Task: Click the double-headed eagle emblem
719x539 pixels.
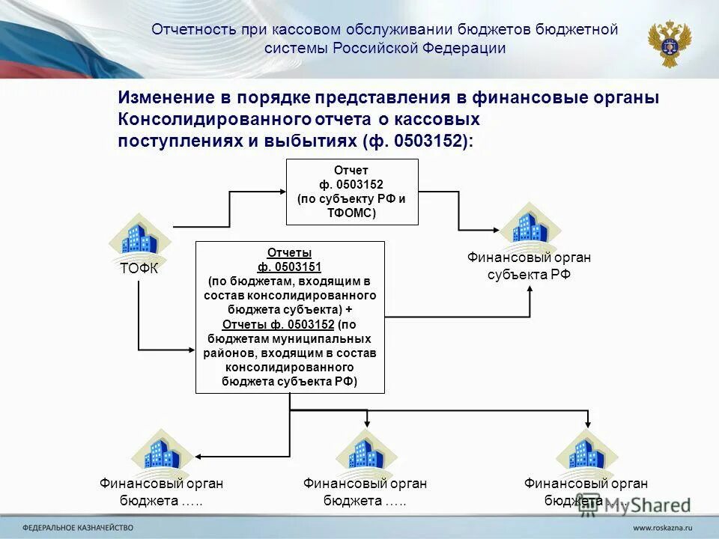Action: pos(670,43)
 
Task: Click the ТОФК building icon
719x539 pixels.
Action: pos(140,238)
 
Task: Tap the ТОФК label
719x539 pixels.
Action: pos(139,269)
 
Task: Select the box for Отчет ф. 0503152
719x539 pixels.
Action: pos(352,191)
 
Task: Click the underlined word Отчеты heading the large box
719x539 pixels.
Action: pos(289,253)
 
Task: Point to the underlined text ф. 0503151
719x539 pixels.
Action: pos(289,267)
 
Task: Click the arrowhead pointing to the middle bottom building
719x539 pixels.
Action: pos(365,424)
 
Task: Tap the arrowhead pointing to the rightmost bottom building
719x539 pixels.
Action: pos(589,424)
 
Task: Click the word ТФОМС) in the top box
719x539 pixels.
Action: pos(352,213)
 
